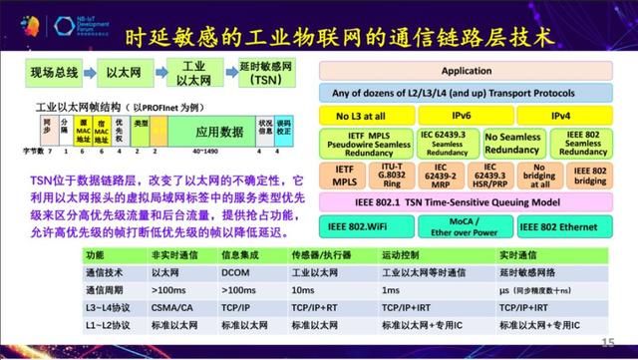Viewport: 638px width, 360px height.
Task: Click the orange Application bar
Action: point(467,71)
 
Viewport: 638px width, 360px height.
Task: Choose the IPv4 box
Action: point(563,117)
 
